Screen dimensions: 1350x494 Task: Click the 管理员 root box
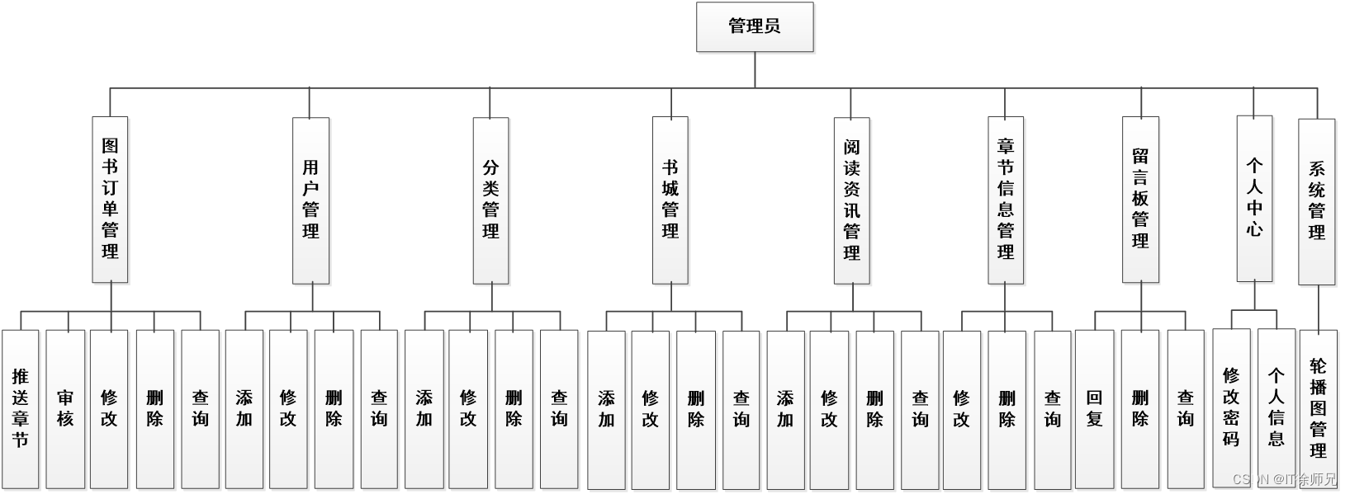click(755, 27)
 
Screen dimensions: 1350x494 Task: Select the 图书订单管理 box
click(110, 200)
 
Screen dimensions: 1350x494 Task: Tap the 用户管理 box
click(310, 200)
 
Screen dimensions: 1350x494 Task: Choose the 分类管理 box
click(490, 200)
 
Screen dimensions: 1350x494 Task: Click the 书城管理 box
click(670, 200)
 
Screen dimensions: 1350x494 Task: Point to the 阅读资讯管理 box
click(851, 200)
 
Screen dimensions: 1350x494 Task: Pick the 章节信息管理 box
click(1005, 200)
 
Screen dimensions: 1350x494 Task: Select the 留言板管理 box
click(1140, 200)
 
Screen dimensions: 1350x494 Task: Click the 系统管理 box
click(1316, 201)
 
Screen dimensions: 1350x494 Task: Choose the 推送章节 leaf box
click(21, 408)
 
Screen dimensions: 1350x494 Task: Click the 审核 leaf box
click(65, 408)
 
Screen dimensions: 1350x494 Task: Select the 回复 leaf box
click(1094, 408)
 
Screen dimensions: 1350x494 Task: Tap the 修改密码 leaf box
click(1231, 408)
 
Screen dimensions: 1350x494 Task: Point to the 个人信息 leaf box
click(1277, 408)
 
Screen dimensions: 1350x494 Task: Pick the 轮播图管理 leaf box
click(1318, 408)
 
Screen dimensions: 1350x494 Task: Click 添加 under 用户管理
click(244, 408)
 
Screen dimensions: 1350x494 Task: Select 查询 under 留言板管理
click(1186, 408)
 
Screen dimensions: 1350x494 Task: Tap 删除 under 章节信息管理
click(1007, 408)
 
